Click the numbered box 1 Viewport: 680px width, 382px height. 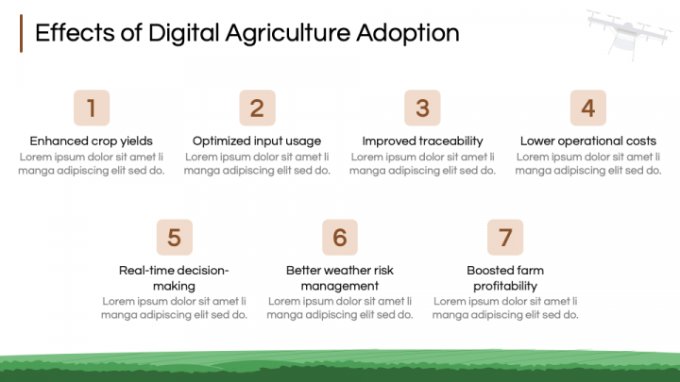(x=91, y=108)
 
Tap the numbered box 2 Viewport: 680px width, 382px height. (x=257, y=108)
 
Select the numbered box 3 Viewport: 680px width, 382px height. (x=422, y=108)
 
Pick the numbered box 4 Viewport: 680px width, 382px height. (x=587, y=108)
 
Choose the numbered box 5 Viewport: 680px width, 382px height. (x=174, y=237)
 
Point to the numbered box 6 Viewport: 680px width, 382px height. (x=340, y=237)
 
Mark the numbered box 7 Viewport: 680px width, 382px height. (x=505, y=237)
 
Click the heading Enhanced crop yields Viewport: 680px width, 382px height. (x=91, y=141)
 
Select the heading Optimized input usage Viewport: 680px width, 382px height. (x=257, y=141)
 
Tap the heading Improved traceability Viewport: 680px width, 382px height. (x=422, y=141)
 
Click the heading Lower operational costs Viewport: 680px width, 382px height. (x=587, y=141)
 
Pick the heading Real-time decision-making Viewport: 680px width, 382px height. (x=174, y=277)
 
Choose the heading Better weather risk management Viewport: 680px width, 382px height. (x=340, y=277)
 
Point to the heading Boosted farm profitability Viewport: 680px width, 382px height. (x=505, y=277)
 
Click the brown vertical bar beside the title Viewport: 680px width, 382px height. (x=21, y=33)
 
